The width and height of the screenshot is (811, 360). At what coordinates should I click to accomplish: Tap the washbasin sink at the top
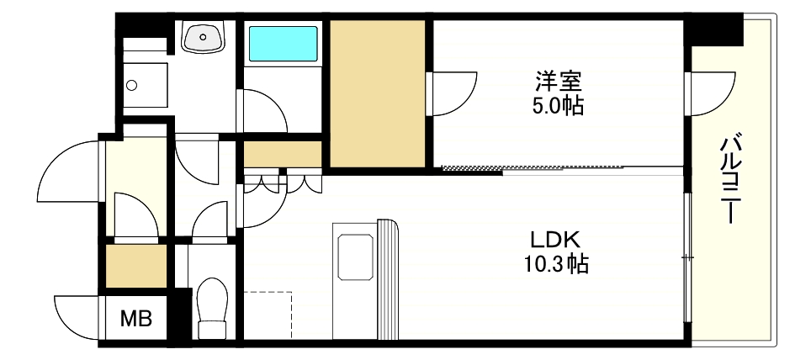203,37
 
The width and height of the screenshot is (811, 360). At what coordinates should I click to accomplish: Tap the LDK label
552,238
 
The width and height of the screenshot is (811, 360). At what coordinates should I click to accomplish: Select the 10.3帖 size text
552,264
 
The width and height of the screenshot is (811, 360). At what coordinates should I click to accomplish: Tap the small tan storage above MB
136,265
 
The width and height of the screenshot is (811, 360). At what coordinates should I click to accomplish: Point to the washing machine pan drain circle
131,84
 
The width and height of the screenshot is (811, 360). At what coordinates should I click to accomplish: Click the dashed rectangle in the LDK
268,315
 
